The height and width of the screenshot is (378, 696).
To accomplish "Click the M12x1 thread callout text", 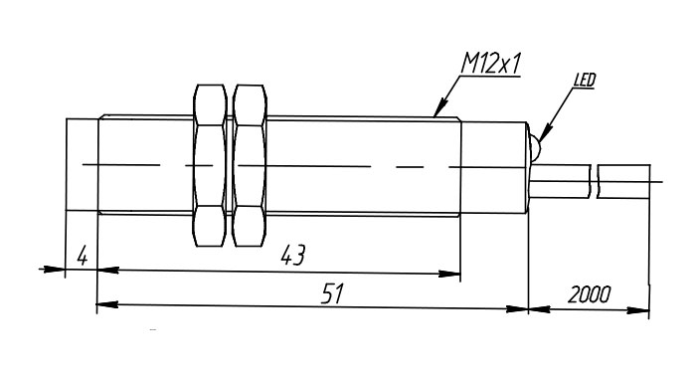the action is click(x=490, y=64).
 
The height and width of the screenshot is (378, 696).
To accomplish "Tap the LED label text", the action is click(x=585, y=81).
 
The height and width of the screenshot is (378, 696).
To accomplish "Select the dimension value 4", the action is click(x=83, y=257).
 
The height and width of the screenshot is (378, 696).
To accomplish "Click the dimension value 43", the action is click(x=293, y=256).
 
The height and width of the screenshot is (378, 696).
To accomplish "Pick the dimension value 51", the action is click(x=333, y=293).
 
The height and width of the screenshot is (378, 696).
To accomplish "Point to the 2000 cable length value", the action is click(x=589, y=293).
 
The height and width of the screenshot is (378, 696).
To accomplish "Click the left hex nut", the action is click(x=210, y=165).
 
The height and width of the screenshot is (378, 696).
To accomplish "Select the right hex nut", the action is click(x=250, y=165).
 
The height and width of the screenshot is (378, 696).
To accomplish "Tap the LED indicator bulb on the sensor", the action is click(x=535, y=146).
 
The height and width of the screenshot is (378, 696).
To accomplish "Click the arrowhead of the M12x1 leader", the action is click(x=439, y=109).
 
